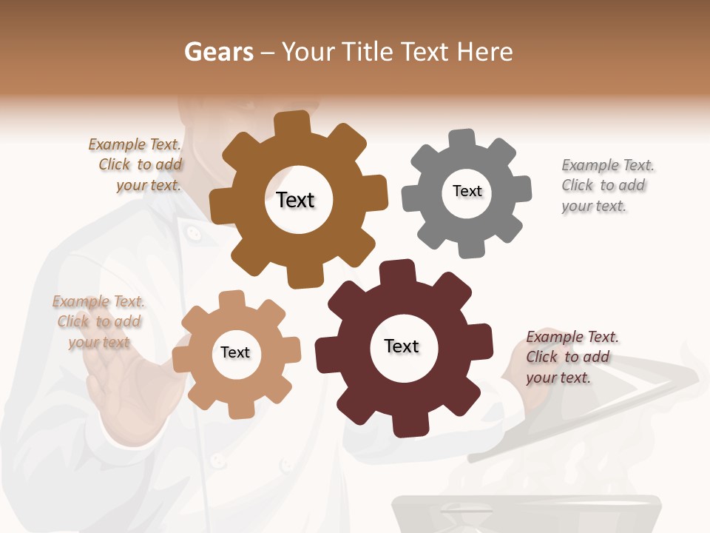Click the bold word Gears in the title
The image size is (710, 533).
pyautogui.click(x=218, y=52)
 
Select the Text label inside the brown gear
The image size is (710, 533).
pyautogui.click(x=295, y=200)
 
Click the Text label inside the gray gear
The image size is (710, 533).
pyautogui.click(x=467, y=191)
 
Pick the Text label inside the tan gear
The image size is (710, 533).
pyautogui.click(x=235, y=352)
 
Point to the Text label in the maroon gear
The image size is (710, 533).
pyautogui.click(x=402, y=346)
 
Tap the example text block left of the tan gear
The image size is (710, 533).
pyautogui.click(x=98, y=321)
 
